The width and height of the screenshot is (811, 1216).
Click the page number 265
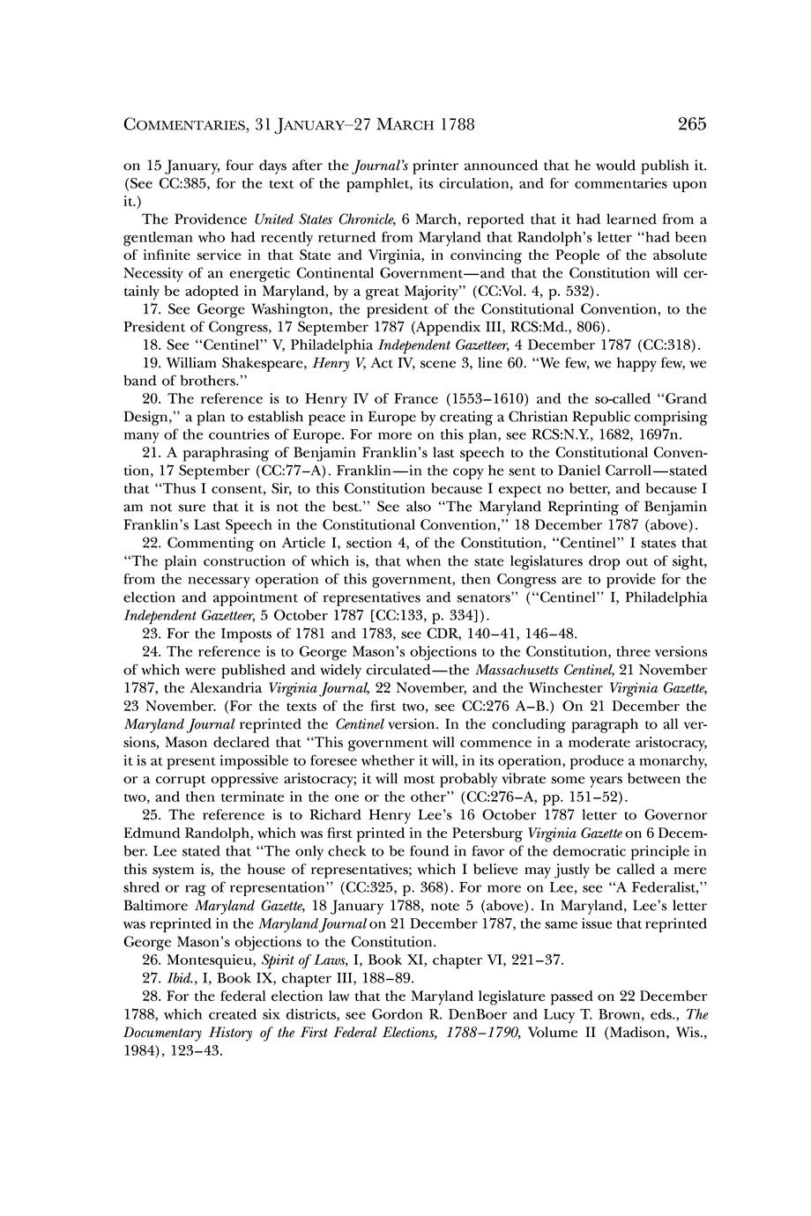click(692, 124)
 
